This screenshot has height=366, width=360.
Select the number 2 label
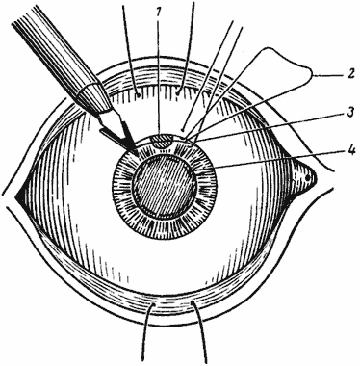350,74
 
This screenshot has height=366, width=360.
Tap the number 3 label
350,113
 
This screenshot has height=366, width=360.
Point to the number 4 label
351,150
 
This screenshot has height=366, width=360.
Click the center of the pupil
165,185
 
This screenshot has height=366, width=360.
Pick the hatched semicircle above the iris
163,141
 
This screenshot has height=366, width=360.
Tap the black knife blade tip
138,154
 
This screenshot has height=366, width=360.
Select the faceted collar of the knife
93,98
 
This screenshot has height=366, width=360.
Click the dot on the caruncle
307,177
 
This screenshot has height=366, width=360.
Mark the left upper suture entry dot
138,94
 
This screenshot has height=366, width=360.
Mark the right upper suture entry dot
177,93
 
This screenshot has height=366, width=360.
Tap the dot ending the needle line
183,130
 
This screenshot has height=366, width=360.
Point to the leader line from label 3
270,126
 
